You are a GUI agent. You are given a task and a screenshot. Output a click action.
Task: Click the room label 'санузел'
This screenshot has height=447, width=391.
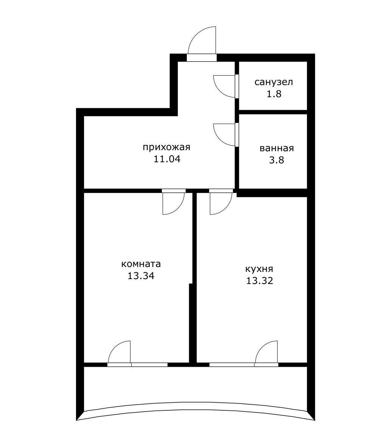click(273, 82)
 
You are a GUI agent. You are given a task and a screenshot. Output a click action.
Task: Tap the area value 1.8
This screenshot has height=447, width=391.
click(274, 94)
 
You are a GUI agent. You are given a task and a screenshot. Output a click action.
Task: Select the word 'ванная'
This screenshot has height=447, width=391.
click(276, 148)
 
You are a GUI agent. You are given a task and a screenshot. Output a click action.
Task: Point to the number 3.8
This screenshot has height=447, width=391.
click(276, 160)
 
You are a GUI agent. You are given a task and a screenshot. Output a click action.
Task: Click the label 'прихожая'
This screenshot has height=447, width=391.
click(166, 147)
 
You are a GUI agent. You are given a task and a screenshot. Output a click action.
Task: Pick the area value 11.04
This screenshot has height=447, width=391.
click(167, 159)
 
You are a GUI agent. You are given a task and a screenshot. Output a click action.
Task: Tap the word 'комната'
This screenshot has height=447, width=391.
click(141, 264)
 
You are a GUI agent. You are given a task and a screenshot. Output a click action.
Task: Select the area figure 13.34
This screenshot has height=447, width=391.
click(141, 276)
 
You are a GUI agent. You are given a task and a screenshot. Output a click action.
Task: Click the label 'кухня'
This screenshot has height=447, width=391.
click(259, 269)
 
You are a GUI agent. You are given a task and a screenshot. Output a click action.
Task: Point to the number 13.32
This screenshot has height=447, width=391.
click(260, 281)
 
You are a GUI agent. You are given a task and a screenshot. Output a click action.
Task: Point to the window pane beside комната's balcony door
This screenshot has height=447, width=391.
click(149, 365)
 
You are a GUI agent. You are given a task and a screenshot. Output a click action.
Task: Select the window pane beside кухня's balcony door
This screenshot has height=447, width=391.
click(232, 365)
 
